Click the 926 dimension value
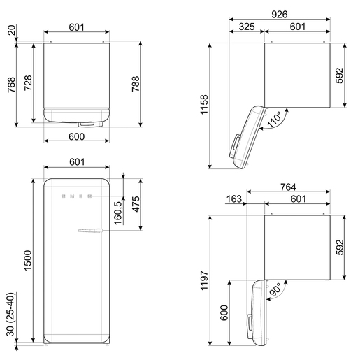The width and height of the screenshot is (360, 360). tap(280, 15)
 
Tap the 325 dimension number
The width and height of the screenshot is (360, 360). tap(247, 27)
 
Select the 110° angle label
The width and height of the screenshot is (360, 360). tap(275, 120)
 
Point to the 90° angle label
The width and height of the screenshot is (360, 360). tap(275, 290)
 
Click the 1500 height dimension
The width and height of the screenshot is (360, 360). tap(27, 261)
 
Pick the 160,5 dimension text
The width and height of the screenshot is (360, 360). tap(118, 213)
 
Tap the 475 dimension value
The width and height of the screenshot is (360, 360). tap(136, 204)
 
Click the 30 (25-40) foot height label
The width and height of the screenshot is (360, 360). tap(10, 315)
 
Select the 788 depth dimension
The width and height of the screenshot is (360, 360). tap(136, 84)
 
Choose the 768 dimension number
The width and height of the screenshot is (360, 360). tap(11, 85)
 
